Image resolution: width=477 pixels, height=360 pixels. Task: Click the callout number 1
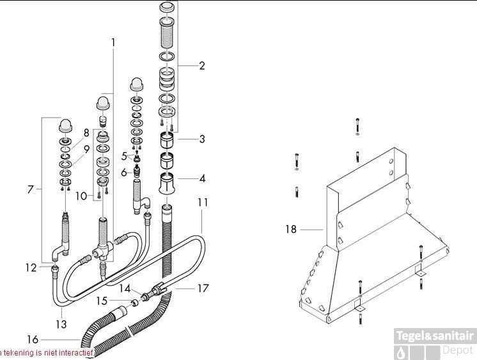pos(113,43)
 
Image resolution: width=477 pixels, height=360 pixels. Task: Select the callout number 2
pos(202,66)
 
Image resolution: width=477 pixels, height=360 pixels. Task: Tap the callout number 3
pos(202,139)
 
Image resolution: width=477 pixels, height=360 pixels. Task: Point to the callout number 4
pos(202,179)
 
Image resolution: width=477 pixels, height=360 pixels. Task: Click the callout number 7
pos(29,189)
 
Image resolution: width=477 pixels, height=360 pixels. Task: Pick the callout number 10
pos(81,196)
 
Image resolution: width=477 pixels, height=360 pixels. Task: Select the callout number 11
pos(203,203)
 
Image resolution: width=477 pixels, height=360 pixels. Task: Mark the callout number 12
pos(31,268)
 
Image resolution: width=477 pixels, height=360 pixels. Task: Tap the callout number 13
pos(61,324)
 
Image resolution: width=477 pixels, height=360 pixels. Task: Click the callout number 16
pos(33,340)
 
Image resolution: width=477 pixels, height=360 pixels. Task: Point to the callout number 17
pos(203,288)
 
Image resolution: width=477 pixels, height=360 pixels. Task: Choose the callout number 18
pos(291,229)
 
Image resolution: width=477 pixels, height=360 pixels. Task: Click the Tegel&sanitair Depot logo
pos(435,343)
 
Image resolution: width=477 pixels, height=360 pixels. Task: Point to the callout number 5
pos(125,155)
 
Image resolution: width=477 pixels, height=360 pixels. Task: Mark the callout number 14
pos(125,288)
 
